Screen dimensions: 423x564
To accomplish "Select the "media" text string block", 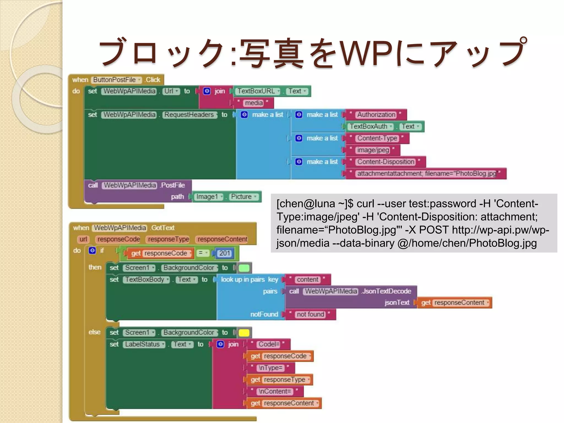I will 254,103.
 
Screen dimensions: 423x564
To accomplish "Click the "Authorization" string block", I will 376,115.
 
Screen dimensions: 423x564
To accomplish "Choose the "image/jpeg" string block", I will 373,150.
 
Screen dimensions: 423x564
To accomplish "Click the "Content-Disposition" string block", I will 386,162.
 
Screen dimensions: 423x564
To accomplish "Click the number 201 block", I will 225,253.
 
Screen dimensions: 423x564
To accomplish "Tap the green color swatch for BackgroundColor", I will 244,268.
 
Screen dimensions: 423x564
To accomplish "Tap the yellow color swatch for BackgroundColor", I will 244,333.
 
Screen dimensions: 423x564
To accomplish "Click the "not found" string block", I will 310,314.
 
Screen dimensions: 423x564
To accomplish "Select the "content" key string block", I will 307,280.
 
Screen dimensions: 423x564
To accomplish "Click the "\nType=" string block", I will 270,368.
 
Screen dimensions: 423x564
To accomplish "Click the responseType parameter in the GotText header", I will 169,239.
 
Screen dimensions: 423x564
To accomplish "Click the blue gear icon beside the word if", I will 92,250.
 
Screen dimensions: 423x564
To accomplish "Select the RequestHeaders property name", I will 190,115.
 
